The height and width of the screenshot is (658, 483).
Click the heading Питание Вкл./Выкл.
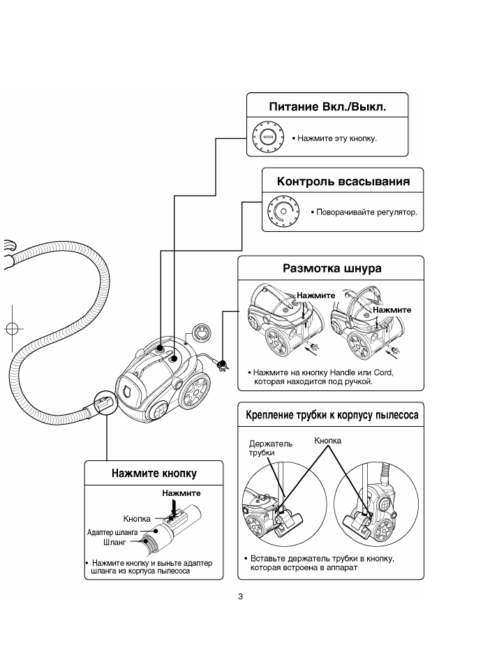coord(327,106)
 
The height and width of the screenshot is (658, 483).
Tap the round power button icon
coord(268,137)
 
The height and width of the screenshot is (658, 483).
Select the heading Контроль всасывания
coord(343,182)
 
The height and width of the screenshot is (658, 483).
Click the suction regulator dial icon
coord(284,211)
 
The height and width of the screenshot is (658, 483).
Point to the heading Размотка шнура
coord(332,268)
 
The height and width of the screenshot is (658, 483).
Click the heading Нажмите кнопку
coord(154,474)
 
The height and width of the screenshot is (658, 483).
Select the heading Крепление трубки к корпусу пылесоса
coord(332,415)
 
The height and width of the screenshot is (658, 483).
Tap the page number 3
coord(240,597)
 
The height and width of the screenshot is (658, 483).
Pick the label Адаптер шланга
coord(112,532)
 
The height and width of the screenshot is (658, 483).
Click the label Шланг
coord(114,542)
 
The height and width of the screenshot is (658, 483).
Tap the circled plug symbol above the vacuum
coord(201,334)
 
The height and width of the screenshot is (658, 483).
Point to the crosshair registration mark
coord(12,328)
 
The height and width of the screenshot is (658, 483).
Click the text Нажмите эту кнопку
coord(337,138)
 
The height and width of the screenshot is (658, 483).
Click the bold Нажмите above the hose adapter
coord(181,493)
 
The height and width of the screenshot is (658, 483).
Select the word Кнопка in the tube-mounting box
coord(328,441)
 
